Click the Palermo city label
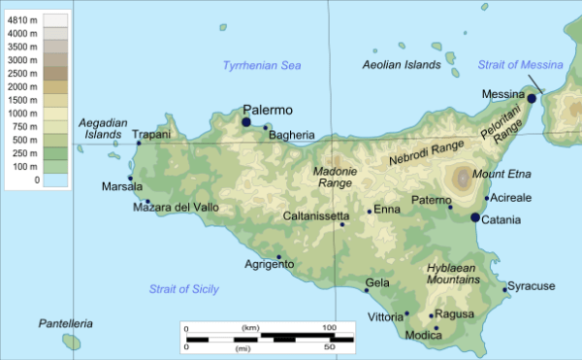tap(268, 111)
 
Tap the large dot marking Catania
tap(475, 218)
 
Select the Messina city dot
tap(532, 99)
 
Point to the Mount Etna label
tap(500, 175)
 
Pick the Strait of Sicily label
tap(183, 289)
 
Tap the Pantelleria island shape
tap(71, 342)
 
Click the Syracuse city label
tap(533, 286)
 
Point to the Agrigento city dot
tap(279, 257)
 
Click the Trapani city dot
tap(139, 144)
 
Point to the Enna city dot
tap(370, 211)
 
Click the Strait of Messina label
tap(520, 65)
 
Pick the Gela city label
tap(376, 284)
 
